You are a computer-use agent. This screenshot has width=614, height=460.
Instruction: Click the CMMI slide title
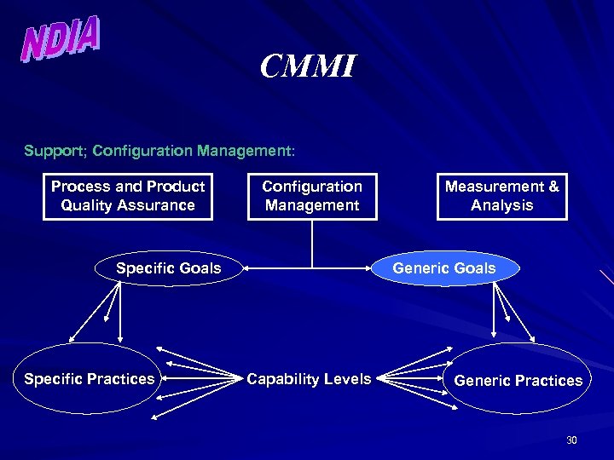307,66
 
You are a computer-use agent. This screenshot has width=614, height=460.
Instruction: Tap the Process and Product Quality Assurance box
128,196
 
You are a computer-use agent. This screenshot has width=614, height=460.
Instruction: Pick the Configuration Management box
312,196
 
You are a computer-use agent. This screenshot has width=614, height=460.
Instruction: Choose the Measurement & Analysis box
501,196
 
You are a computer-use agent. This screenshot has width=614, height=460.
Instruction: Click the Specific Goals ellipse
169,269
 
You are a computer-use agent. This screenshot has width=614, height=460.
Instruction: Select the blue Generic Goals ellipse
443,268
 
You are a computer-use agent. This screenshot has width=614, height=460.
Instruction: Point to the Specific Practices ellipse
90,379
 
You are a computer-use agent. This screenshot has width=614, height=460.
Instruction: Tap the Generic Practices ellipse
518,380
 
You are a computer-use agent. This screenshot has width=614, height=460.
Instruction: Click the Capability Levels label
309,379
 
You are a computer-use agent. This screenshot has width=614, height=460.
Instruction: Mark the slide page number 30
571,440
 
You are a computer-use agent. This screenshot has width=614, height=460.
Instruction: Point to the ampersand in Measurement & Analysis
553,187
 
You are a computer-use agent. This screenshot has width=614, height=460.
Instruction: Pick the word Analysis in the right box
501,205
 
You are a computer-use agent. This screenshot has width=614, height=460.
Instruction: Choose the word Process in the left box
80,187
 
